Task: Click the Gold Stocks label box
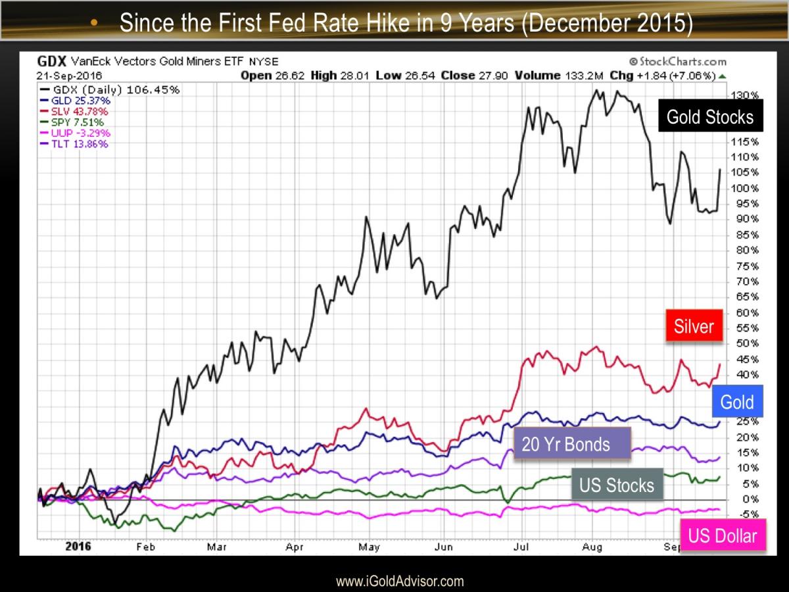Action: click(710, 117)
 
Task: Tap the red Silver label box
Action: click(694, 326)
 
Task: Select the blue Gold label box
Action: click(736, 402)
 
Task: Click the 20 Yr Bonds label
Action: click(565, 444)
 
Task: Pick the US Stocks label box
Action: click(616, 485)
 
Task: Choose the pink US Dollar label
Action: click(723, 536)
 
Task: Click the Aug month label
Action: click(593, 546)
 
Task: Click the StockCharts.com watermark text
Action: click(678, 61)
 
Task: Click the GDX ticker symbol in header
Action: click(52, 61)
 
